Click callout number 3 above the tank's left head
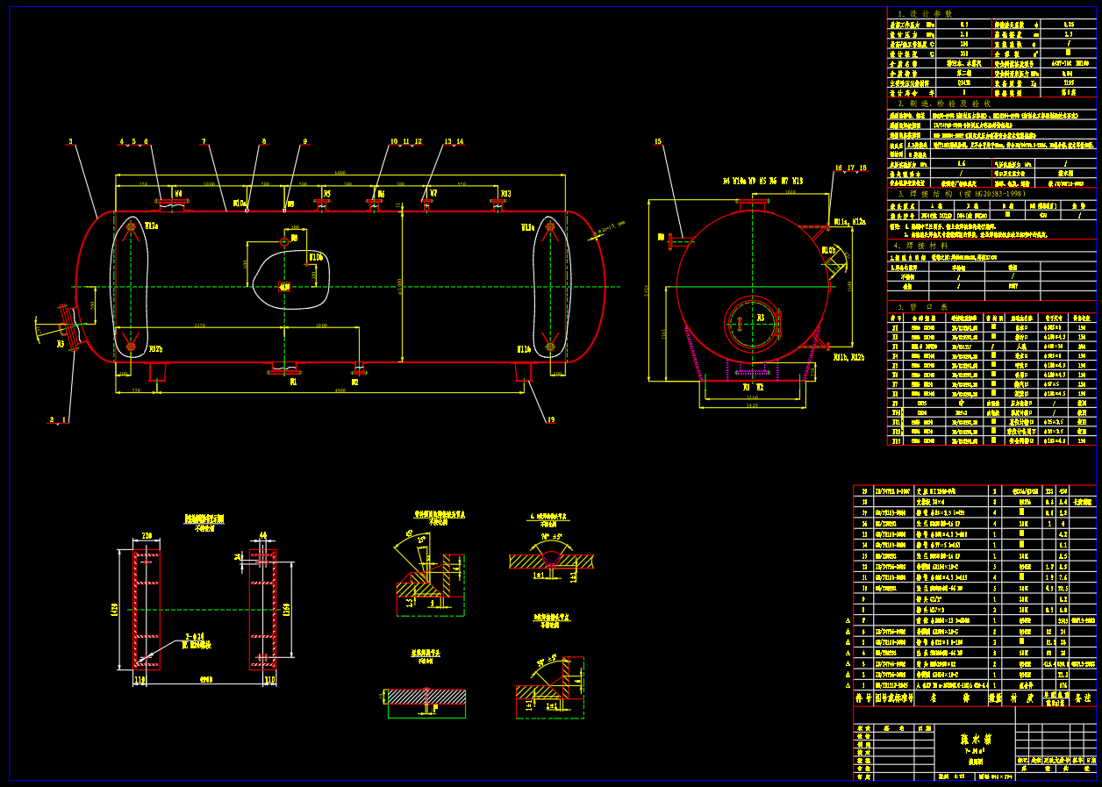pos(70,141)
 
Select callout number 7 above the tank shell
pos(204,141)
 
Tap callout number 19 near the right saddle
pos(551,420)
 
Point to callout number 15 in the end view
pos(658,141)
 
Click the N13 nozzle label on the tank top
pos(505,194)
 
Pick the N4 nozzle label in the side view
pos(177,193)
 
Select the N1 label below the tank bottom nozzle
pos(294,383)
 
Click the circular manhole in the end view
pos(752,325)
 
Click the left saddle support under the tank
pos(158,372)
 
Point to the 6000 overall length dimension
pos(340,172)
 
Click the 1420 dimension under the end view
pos(752,408)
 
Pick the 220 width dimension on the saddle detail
pos(147,534)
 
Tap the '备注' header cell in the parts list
pos(1080,698)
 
